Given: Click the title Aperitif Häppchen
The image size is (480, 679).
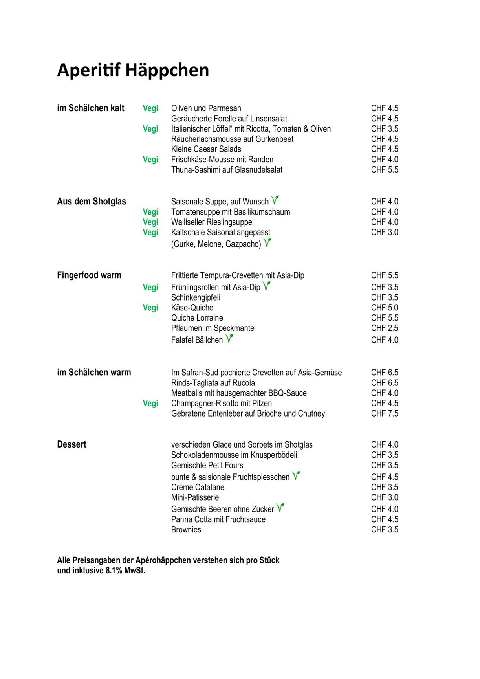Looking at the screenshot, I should pyautogui.click(x=133, y=70).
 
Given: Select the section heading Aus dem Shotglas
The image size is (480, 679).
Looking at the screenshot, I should pyautogui.click(x=92, y=202).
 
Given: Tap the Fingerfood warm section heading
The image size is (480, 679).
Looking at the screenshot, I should pyautogui.click(x=89, y=275).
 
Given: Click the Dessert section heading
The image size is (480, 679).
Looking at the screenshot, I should pyautogui.click(x=71, y=444).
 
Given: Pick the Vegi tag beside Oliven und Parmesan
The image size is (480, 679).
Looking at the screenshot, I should pyautogui.click(x=150, y=108).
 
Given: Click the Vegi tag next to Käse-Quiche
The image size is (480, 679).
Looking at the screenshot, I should pyautogui.click(x=150, y=308).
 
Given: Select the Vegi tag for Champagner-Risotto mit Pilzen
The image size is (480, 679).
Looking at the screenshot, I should pyautogui.click(x=150, y=403).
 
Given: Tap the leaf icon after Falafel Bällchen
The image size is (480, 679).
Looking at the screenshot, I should pyautogui.click(x=229, y=338).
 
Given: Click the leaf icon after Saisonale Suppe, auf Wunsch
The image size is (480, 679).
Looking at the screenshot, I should pyautogui.click(x=275, y=200).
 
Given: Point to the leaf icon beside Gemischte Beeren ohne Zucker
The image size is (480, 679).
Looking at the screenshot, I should pyautogui.click(x=280, y=508).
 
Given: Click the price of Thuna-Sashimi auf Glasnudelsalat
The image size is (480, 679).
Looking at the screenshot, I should pyautogui.click(x=385, y=170).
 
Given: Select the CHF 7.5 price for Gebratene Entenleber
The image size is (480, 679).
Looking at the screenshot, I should pyautogui.click(x=385, y=413).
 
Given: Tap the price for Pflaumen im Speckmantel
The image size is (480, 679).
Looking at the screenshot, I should pyautogui.click(x=385, y=328).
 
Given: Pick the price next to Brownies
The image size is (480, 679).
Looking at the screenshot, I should pyautogui.click(x=385, y=530).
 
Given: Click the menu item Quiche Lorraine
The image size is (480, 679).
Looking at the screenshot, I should pyautogui.click(x=197, y=318).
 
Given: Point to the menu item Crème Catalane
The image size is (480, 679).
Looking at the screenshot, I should pyautogui.click(x=198, y=487).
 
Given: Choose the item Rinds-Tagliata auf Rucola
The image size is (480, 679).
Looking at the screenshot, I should pyautogui.click(x=213, y=383).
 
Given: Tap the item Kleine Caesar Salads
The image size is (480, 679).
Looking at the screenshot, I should pyautogui.click(x=206, y=149).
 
